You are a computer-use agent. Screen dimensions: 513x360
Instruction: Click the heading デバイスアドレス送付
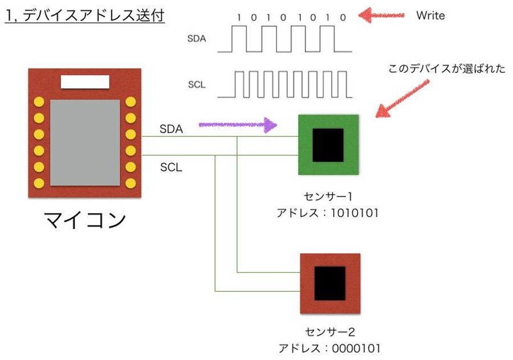click(x=93, y=15)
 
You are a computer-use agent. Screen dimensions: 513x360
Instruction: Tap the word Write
click(x=430, y=15)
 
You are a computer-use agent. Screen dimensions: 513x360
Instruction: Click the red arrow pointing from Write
click(x=381, y=15)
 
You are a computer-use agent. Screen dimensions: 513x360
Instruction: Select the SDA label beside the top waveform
click(x=197, y=39)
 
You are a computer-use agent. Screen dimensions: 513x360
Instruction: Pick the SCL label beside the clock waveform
click(x=197, y=85)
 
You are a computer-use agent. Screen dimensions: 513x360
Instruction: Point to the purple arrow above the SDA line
click(x=238, y=125)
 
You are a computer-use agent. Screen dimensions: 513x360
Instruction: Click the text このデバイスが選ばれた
click(x=446, y=69)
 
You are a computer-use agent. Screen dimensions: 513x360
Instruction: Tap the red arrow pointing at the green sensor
click(x=402, y=99)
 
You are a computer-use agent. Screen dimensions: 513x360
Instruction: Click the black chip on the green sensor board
click(x=328, y=145)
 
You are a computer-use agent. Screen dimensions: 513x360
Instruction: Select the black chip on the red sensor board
click(x=330, y=283)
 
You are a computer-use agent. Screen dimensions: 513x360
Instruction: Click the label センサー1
click(x=328, y=197)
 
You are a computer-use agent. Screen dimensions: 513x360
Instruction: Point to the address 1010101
click(x=355, y=213)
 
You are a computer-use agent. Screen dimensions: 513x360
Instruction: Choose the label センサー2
click(x=330, y=332)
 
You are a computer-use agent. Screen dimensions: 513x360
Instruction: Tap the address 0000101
click(x=356, y=349)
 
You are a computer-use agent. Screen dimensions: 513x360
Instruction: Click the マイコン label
click(x=85, y=219)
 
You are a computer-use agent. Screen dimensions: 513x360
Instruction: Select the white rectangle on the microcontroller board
click(x=85, y=82)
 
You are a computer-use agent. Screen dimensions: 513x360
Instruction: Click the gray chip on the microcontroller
click(x=85, y=142)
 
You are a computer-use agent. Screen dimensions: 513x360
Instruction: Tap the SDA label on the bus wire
click(x=171, y=129)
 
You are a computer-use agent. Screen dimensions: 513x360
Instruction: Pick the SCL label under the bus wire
click(x=171, y=167)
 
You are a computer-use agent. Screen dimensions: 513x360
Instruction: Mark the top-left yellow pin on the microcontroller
click(x=39, y=102)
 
